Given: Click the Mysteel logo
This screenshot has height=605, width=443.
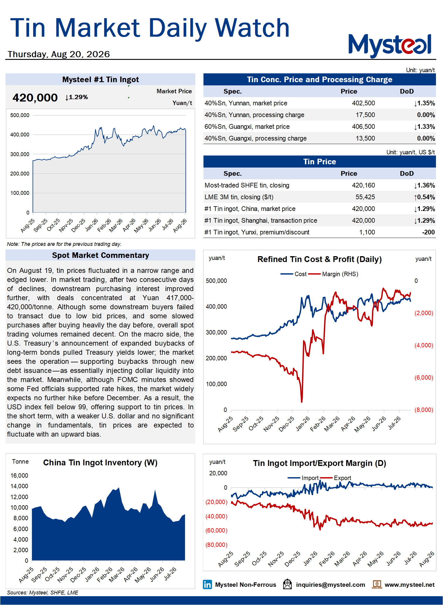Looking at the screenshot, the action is [x=390, y=45].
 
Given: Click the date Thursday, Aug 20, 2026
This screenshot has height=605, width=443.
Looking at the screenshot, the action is [x=59, y=54].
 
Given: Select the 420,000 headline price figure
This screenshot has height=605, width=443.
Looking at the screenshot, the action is [x=35, y=97].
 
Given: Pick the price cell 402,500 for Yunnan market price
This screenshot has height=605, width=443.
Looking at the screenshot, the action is [x=363, y=103].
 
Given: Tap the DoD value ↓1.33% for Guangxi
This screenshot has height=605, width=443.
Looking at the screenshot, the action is [x=424, y=127].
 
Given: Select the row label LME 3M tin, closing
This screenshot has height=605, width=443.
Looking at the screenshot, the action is [x=239, y=197].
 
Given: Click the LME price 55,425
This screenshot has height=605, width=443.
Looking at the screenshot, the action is [x=365, y=197].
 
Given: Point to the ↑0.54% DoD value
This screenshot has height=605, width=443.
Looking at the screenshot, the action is [x=424, y=197].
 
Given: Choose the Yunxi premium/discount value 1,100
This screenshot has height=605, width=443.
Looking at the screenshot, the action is [x=367, y=232].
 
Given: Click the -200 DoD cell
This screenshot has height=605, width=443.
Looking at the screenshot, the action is [x=428, y=232].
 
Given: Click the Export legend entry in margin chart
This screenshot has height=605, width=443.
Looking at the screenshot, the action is [x=336, y=478].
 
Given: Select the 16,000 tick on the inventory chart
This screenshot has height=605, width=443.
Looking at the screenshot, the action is [x=19, y=476].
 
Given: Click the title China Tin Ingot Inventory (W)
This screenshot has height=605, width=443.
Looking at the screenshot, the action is [x=100, y=463].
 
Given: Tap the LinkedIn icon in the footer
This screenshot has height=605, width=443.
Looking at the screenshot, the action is [x=207, y=584].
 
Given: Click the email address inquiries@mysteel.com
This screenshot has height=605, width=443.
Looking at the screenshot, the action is [x=330, y=585].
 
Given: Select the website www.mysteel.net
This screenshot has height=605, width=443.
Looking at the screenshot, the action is [x=410, y=585].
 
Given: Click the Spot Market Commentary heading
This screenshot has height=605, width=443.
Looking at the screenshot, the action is [x=101, y=255].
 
